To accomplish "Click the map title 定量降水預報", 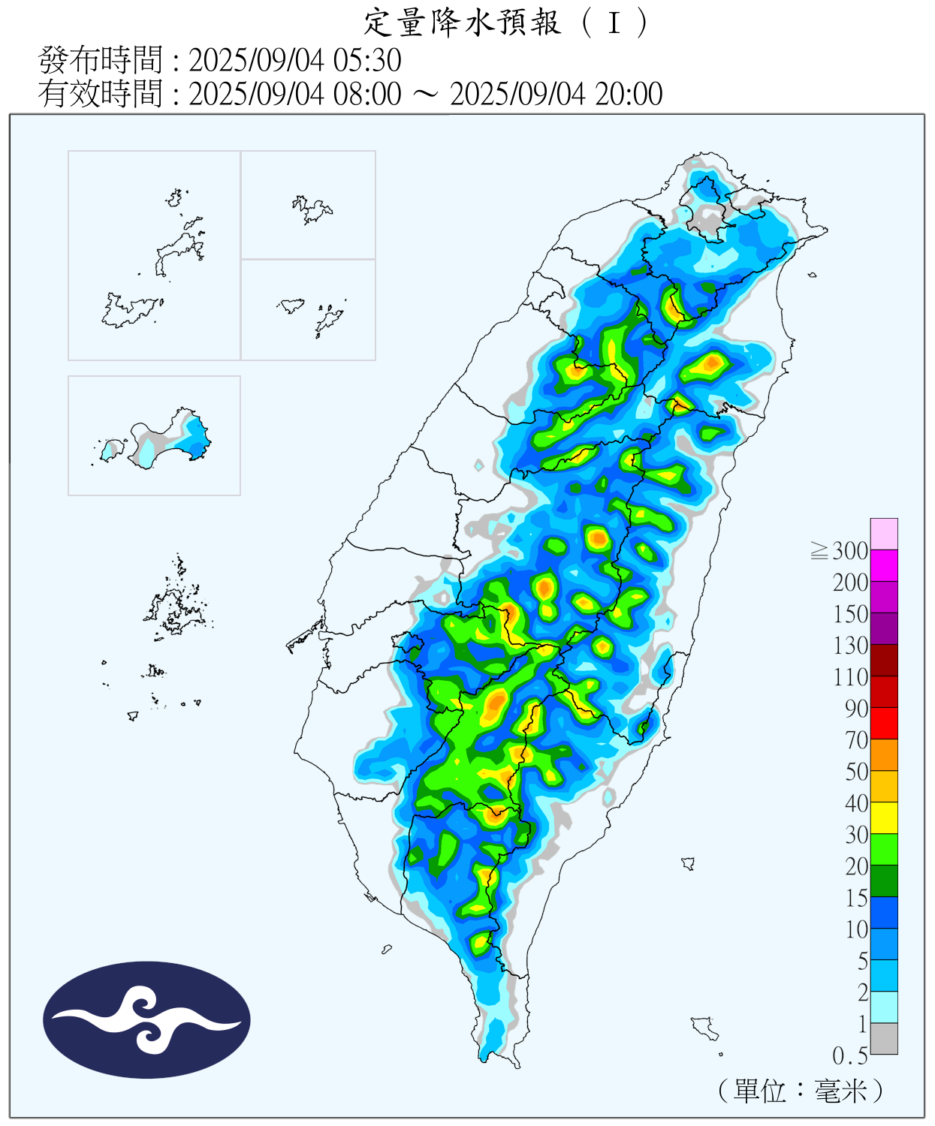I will pos(462,23).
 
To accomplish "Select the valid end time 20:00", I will pos(629,95).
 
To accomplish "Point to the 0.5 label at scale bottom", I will pos(849,1056).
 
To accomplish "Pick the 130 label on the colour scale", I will pos(850,646).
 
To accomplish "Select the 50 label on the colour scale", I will pos(856,772).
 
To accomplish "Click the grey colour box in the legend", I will pos(884,1038).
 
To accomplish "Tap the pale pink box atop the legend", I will pos(884,534).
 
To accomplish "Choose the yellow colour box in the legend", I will pos(884,817).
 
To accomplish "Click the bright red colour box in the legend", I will pos(884,723).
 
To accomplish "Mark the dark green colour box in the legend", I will pos(884,881).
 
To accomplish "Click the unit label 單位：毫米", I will pos(800,1090).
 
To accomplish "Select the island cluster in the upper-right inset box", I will pos(312,209).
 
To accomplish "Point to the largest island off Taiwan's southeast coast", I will pos(704,1028).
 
